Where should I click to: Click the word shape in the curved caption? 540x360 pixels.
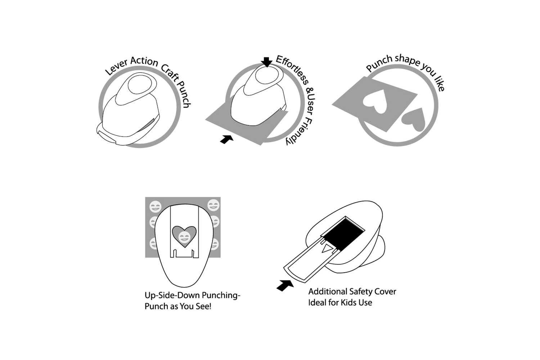pyautogui.click(x=408, y=60)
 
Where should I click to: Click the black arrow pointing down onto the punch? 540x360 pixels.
pyautogui.click(x=266, y=62)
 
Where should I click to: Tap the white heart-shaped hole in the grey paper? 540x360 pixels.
pyautogui.click(x=375, y=101)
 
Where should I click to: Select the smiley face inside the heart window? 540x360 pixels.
pyautogui.click(x=184, y=237)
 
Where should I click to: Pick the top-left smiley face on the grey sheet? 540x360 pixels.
pyautogui.click(x=155, y=207)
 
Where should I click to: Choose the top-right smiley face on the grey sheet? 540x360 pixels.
pyautogui.click(x=213, y=205)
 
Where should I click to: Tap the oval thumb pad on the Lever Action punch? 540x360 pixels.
pyautogui.click(x=140, y=85)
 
